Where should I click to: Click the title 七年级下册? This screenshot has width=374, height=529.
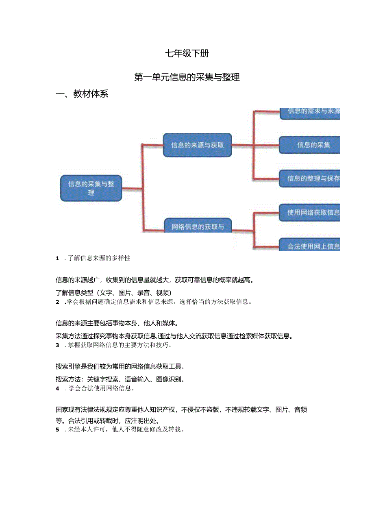187,53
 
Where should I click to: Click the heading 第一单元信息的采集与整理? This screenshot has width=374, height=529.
187,77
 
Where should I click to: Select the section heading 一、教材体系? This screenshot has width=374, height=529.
82,94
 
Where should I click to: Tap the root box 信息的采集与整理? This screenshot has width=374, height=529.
91,188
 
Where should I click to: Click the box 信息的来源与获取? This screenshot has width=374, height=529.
197,145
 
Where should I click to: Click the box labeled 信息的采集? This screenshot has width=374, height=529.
310,145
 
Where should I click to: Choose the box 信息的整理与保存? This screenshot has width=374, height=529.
310,179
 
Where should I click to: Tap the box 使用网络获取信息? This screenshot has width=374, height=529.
310,212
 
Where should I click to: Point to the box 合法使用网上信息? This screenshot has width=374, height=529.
310,246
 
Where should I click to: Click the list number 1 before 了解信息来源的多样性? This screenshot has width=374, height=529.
58,258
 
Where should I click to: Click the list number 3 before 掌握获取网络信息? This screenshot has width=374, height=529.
58,345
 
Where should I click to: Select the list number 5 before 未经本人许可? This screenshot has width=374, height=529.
58,429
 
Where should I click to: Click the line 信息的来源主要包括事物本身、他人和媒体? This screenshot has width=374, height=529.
117,323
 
